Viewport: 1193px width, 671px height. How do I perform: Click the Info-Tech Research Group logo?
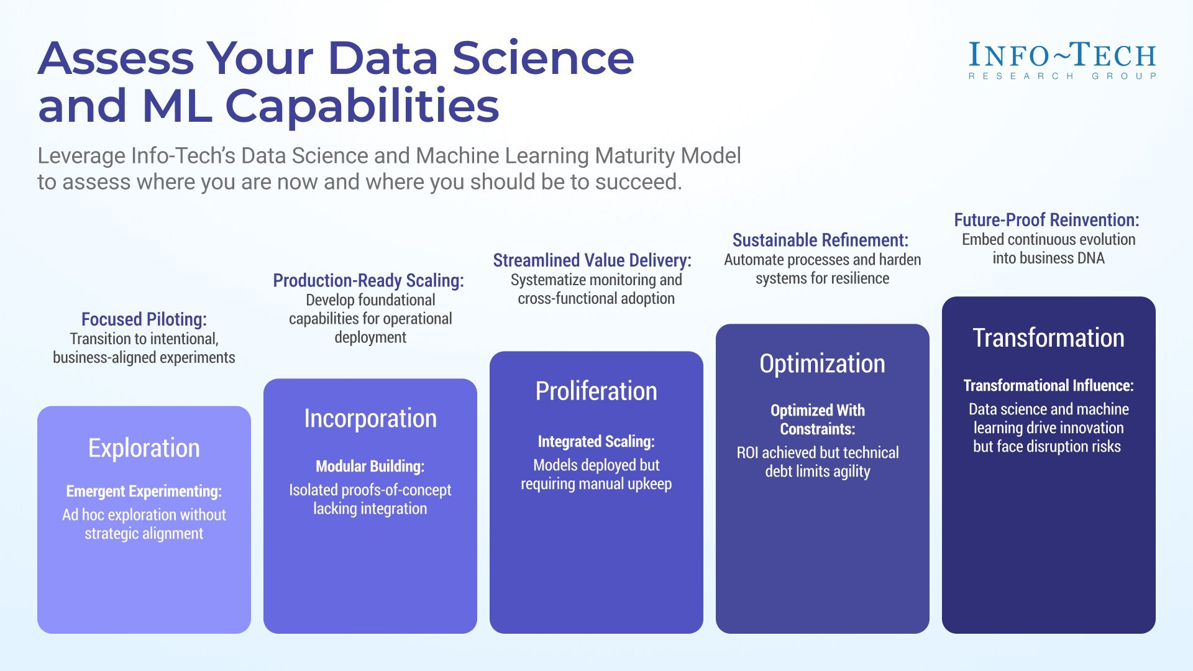click(1062, 60)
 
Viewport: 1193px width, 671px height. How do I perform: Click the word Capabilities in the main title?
click(362, 106)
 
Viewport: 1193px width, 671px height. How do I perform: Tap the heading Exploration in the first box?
click(144, 448)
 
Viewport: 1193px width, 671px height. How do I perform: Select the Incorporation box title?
click(370, 418)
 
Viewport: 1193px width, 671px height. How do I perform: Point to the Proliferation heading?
click(596, 391)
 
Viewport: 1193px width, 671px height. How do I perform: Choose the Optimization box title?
click(822, 363)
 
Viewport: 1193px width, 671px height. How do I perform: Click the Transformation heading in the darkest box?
click(1048, 338)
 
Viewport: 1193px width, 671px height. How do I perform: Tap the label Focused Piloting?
click(144, 319)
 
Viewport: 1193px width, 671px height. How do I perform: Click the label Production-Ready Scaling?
click(368, 280)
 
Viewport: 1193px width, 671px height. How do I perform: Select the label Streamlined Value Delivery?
click(592, 260)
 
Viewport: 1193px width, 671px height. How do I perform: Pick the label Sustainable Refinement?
click(820, 240)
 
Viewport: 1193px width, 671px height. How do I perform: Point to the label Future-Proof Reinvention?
click(1046, 220)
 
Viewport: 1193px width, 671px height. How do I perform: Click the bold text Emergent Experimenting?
click(144, 491)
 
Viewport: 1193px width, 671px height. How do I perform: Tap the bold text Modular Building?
click(370, 466)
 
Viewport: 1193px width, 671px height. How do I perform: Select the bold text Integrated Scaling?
click(596, 442)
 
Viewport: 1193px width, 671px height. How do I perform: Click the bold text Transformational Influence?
click(1048, 385)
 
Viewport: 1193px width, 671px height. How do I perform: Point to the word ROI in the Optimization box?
click(747, 453)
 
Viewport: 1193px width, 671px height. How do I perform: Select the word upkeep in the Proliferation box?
click(649, 484)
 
